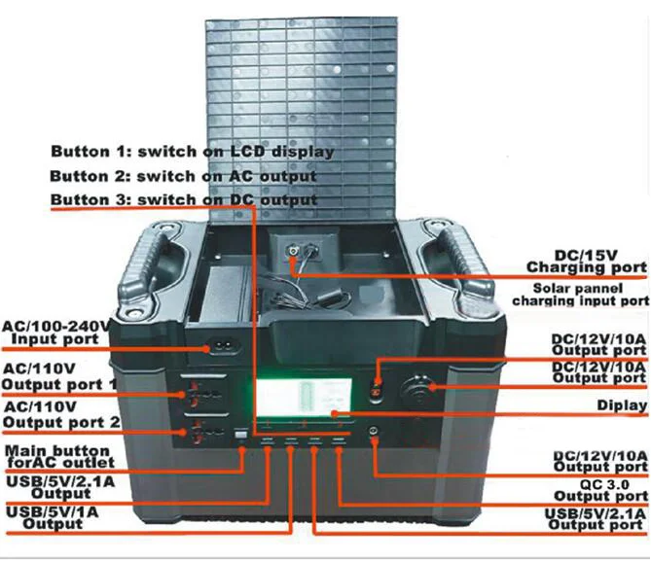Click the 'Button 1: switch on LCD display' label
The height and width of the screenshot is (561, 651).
click(x=192, y=153)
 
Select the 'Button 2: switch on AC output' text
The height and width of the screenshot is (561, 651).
click(x=183, y=177)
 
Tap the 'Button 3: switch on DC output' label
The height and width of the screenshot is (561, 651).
click(x=183, y=200)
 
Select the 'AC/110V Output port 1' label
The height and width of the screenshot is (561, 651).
click(x=59, y=376)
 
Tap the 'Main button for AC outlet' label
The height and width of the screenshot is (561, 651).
click(x=55, y=457)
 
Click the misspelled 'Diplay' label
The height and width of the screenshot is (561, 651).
click(x=624, y=405)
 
